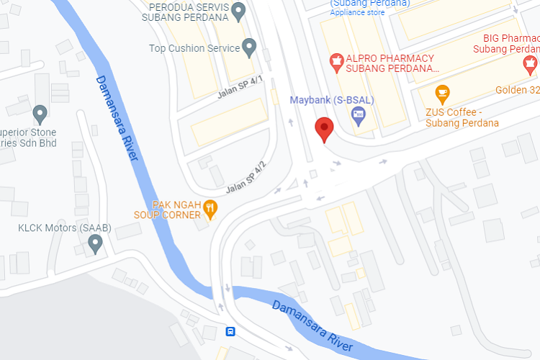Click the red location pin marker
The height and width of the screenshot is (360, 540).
pos(325,128)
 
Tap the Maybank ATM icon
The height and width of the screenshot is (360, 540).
pos(358,114)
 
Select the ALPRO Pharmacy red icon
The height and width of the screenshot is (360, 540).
pos(335,58)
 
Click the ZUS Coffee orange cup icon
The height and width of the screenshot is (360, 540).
pos(442,92)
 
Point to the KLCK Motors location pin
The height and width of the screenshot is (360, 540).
pos(94,243)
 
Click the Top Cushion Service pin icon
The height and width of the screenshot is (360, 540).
pos(250,48)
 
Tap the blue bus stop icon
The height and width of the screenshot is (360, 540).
pos(230,332)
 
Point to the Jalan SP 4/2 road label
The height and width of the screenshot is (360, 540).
pos(246,177)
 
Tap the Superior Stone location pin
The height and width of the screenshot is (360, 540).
pos(40,113)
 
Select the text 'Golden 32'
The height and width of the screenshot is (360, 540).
pos(517,90)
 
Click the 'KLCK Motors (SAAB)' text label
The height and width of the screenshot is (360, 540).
pos(65,228)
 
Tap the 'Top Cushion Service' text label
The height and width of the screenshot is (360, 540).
pos(194,48)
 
